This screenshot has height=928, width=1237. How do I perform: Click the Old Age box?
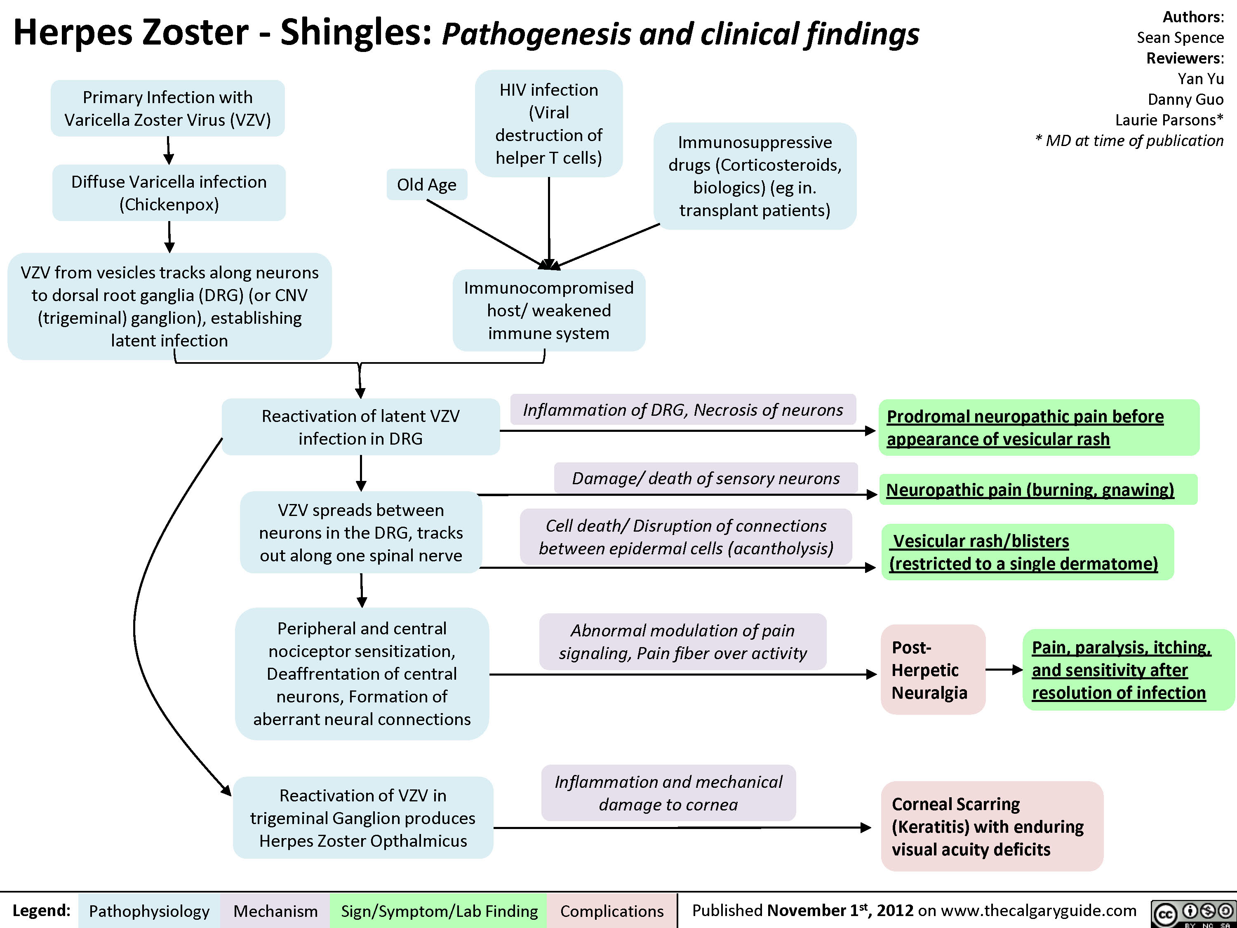coord(427,185)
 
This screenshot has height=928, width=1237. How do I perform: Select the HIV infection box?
coord(548,124)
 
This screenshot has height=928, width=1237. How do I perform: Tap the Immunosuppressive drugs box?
coord(755,176)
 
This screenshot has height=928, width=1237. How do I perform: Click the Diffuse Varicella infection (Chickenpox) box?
coord(169,193)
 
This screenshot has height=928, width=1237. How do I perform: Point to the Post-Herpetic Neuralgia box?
coord(932,669)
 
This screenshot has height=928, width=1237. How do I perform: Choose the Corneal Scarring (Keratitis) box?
coord(992,826)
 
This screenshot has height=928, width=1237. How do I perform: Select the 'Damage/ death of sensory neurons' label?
coord(706,478)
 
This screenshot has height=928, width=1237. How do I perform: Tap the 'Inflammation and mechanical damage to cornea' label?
coord(668,793)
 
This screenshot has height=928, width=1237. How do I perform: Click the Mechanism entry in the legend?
coord(275,911)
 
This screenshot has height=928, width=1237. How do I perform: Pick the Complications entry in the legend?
coord(612,911)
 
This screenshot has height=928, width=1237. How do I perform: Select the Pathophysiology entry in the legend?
coord(149,911)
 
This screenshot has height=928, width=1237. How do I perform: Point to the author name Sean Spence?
coord(1180,38)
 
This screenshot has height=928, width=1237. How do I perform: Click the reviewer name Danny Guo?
coord(1185,99)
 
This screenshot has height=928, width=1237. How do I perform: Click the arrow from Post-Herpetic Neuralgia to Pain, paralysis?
coord(1004,669)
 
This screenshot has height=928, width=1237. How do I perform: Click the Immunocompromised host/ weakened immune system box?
coord(548,311)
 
